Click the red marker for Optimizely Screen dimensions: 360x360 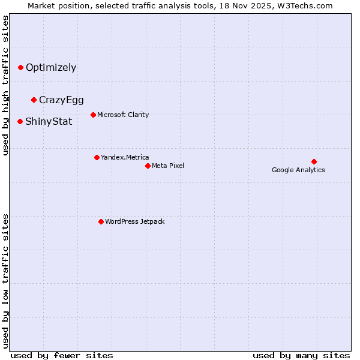coord(20,68)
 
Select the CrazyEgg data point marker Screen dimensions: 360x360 coord(34,100)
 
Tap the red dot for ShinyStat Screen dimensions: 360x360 coord(20,121)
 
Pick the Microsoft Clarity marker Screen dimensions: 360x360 coord(93,115)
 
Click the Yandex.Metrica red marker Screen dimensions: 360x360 coord(97,157)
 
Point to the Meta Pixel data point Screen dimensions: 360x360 coord(148,166)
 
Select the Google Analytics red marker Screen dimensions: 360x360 coord(314,161)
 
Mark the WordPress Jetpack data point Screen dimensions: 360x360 coord(101,221)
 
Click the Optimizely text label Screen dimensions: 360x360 coord(51,68)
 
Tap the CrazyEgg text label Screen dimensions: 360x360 coord(61,100)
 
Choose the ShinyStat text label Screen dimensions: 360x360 coord(49,122)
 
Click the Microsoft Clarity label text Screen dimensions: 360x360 coord(123,115)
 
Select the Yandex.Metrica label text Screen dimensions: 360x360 coord(125,157)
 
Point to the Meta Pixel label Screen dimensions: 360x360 coord(168,166)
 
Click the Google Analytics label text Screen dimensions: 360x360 coord(298,170)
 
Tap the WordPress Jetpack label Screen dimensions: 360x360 coord(134,221)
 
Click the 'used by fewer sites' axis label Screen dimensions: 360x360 coord(62,355)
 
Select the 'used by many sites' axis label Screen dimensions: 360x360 coord(301,355)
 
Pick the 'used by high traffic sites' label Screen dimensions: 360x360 coord(6,85)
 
